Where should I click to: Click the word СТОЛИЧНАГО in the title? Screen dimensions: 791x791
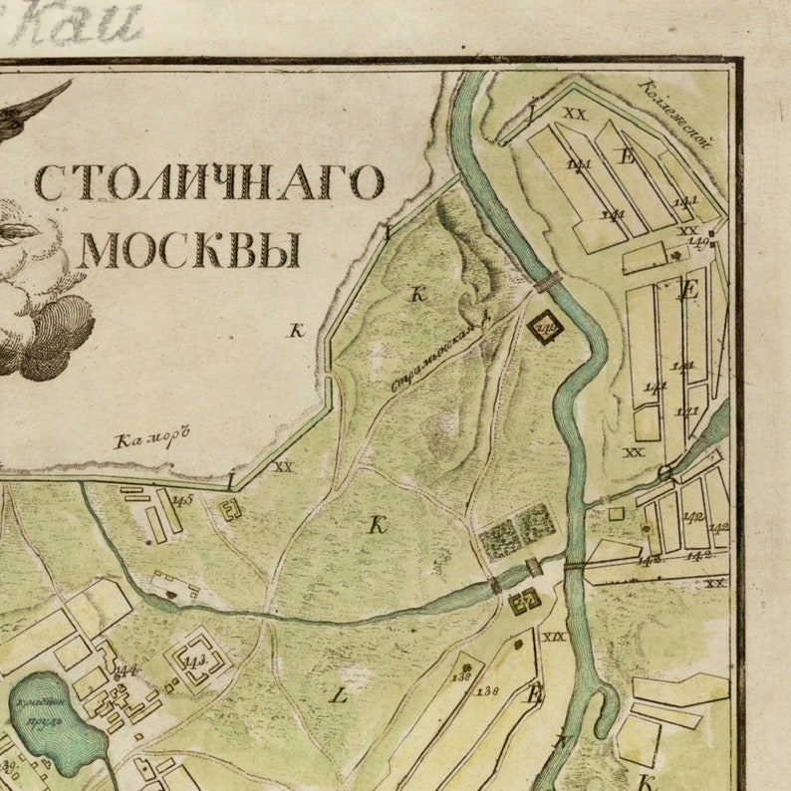point(209,183)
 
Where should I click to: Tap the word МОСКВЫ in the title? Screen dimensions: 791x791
point(190,250)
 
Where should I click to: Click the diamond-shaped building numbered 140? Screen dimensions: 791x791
point(545,324)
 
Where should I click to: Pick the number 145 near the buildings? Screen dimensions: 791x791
point(181,500)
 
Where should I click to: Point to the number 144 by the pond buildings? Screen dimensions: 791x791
point(126,669)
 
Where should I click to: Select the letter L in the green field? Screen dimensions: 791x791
point(339,696)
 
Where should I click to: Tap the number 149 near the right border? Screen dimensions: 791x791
point(698,242)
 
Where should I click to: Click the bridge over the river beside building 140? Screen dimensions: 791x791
point(547,283)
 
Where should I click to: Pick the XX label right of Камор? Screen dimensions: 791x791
point(284,465)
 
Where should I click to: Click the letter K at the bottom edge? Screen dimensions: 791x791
point(645,780)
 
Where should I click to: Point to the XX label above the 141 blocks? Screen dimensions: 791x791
point(575,114)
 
